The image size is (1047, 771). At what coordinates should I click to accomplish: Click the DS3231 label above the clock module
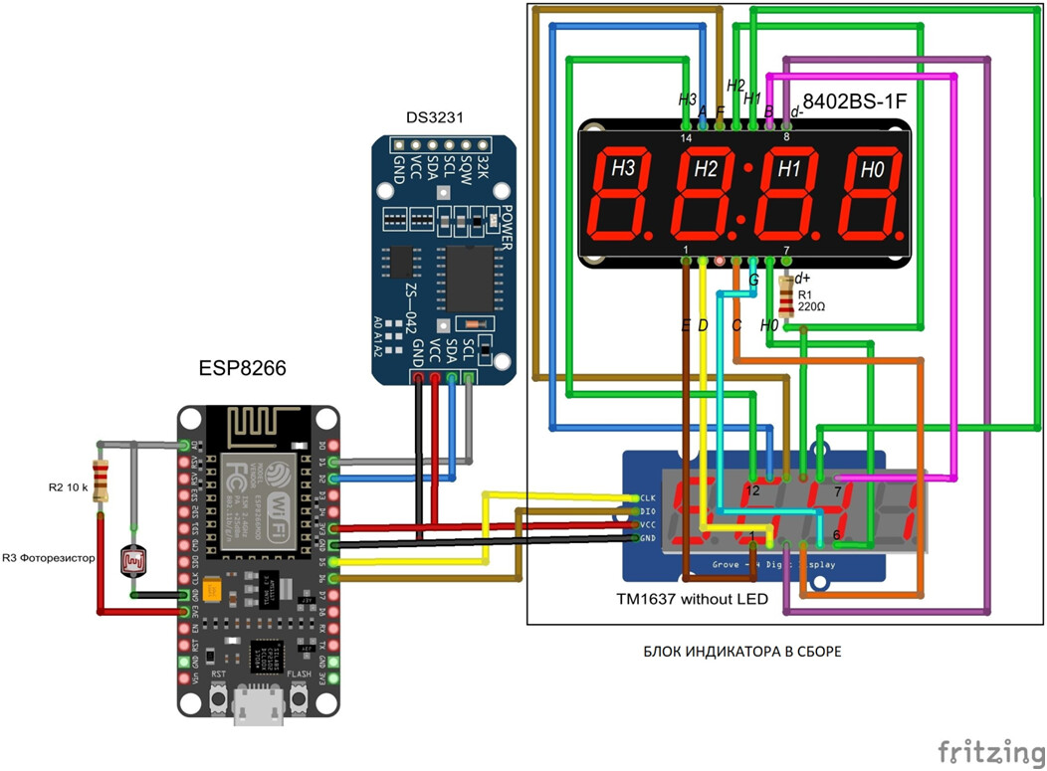(434, 118)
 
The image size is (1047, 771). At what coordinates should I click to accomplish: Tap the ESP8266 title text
(244, 369)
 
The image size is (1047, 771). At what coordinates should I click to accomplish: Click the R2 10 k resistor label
(69, 488)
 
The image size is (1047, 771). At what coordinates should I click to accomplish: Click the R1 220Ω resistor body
(789, 295)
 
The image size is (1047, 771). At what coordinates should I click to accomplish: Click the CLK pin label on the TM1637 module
(647, 497)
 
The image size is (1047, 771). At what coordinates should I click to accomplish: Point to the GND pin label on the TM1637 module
(647, 537)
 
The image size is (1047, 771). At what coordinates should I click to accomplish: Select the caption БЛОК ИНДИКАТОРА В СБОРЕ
(741, 653)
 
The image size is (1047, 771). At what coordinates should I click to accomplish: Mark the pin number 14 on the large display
(686, 138)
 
